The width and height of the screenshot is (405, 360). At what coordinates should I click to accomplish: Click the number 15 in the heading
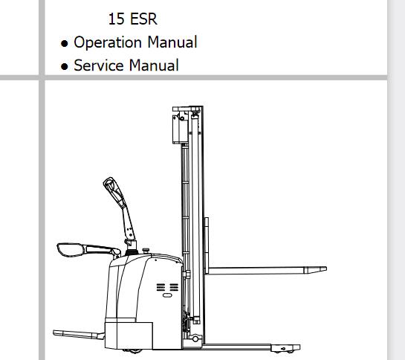pos(116,19)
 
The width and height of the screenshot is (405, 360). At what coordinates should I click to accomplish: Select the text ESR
pos(143,19)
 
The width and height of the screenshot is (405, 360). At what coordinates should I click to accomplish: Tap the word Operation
pos(108,42)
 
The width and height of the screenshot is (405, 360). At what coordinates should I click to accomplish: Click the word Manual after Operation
pos(172,42)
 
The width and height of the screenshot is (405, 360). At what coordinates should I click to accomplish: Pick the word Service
pos(98,65)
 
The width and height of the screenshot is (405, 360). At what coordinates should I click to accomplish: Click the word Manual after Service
pos(154,65)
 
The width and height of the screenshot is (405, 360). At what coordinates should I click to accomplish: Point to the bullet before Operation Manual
pos(64,43)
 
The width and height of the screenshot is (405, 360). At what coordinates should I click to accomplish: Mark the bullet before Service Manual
pos(64,67)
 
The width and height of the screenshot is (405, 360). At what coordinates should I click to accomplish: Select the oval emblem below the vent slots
pos(167,295)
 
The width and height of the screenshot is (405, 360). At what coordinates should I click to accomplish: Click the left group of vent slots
pos(161,287)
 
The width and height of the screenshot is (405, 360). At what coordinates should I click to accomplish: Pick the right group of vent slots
pos(174,287)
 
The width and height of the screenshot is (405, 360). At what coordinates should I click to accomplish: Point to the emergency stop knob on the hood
pos(146,251)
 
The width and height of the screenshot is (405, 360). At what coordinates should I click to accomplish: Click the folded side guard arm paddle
pos(71,250)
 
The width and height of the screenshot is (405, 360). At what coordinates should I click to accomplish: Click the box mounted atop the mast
pos(181,128)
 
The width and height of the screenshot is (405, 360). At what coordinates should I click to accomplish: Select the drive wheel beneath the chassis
pos(132,351)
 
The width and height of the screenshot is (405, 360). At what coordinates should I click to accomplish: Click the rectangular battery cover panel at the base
pos(129,335)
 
